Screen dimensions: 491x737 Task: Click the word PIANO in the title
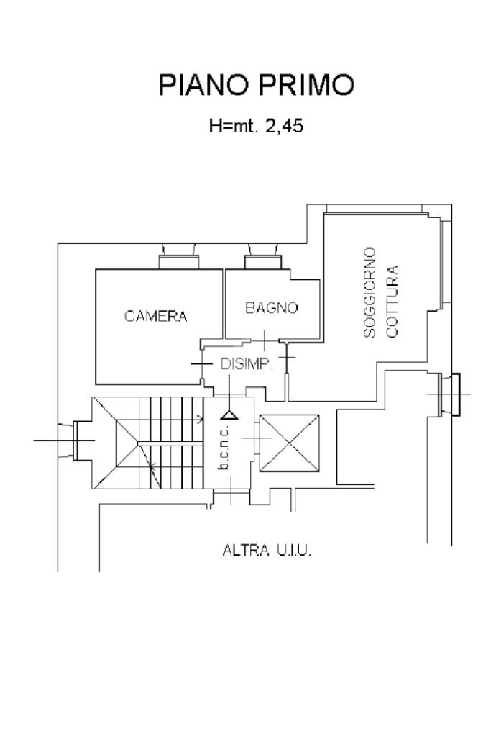(203, 85)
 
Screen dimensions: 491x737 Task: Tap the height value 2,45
(284, 127)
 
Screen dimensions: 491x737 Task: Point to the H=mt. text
(234, 127)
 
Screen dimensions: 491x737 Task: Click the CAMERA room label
(156, 316)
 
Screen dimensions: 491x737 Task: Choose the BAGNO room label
(271, 308)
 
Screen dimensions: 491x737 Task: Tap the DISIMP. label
(247, 363)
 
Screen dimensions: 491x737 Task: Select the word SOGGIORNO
(370, 292)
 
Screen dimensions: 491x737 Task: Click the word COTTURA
(392, 302)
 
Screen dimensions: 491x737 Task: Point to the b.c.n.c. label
(224, 448)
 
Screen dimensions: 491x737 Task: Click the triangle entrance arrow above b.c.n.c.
(229, 415)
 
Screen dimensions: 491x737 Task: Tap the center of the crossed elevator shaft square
(290, 443)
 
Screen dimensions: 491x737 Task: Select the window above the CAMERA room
(179, 257)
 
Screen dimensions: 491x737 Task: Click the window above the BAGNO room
(263, 257)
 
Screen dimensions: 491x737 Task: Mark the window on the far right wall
(449, 394)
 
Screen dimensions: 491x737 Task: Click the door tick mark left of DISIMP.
(202, 364)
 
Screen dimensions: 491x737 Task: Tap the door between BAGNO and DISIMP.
(265, 340)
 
